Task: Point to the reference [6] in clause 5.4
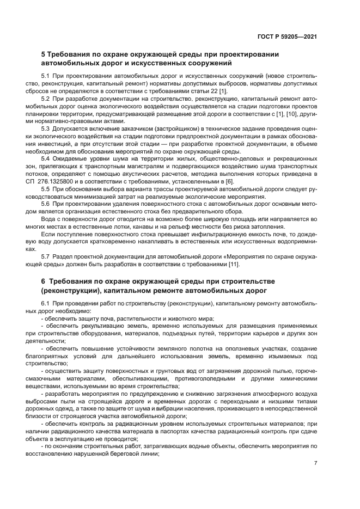217,181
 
